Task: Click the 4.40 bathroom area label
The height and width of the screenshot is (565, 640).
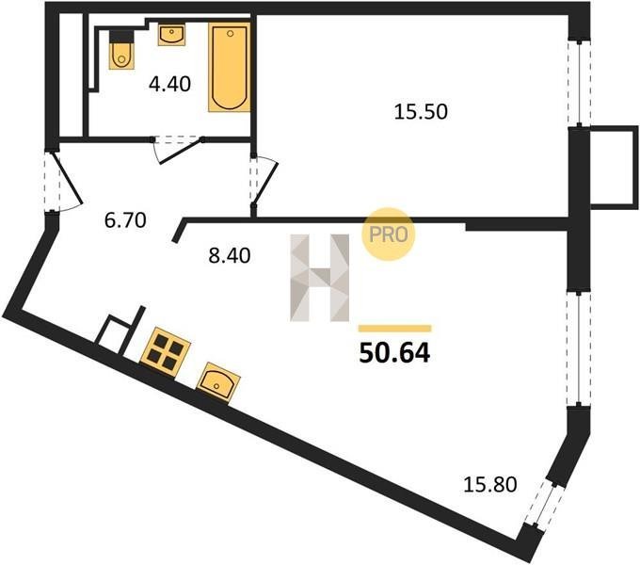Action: (x=169, y=84)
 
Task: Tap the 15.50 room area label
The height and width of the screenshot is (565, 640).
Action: (x=421, y=112)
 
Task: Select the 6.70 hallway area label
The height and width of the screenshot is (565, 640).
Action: (x=125, y=220)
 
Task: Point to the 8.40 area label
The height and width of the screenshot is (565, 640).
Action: (x=230, y=256)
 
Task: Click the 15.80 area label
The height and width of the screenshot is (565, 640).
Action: (x=490, y=485)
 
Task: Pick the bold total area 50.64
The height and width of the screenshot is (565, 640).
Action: (x=394, y=353)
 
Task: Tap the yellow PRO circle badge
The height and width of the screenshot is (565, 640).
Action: (x=388, y=234)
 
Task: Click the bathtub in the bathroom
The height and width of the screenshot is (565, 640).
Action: (x=229, y=68)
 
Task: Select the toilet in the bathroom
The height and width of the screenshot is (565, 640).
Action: (x=121, y=50)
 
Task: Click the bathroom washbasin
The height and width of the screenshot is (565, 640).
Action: (x=171, y=34)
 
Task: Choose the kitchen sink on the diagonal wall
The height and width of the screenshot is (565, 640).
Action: (x=218, y=383)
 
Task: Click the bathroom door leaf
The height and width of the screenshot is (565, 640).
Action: (x=181, y=152)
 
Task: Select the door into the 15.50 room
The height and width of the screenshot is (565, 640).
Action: (x=265, y=183)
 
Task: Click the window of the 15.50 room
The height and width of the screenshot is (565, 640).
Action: (x=579, y=83)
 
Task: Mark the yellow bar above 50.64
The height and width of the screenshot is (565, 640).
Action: (x=394, y=329)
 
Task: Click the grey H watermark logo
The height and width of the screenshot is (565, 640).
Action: (x=320, y=278)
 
